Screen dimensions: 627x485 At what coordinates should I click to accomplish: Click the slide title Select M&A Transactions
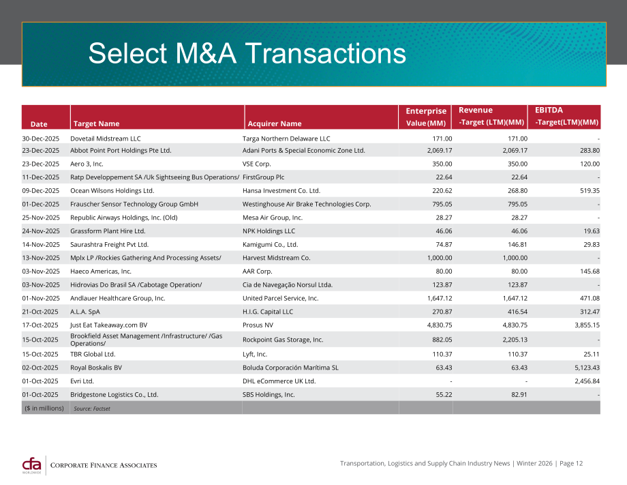[x=247, y=54]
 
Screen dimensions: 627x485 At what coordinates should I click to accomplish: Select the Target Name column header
[x=96, y=123]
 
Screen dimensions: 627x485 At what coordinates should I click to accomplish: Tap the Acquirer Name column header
[x=274, y=123]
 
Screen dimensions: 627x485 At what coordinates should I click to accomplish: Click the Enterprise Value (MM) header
[x=426, y=117]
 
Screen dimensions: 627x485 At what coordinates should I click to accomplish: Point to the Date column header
[x=39, y=124]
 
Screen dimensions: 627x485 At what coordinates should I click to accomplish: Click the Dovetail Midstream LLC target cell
[x=106, y=138]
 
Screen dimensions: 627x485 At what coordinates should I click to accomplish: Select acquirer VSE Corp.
[x=257, y=164]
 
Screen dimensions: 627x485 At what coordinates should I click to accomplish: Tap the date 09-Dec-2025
[x=41, y=191]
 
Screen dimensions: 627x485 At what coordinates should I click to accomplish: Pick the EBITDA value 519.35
[x=590, y=191]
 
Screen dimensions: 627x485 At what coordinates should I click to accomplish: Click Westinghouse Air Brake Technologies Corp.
[x=307, y=204]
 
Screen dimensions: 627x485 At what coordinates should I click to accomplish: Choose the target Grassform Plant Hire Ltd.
[x=108, y=231]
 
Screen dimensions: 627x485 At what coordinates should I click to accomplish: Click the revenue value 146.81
[x=517, y=244]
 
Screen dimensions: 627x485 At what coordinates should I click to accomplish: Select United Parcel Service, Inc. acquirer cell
[x=280, y=298]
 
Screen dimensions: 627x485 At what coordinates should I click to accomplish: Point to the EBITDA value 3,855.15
[x=587, y=325]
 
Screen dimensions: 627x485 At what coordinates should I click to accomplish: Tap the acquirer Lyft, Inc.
[x=255, y=354]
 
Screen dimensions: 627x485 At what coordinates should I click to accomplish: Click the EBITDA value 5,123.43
[x=587, y=368]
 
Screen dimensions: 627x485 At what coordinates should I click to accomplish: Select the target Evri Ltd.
[x=82, y=381]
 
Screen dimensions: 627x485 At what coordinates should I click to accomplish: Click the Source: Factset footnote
[x=92, y=409]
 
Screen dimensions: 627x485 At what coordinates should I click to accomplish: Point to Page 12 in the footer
[x=571, y=463]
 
